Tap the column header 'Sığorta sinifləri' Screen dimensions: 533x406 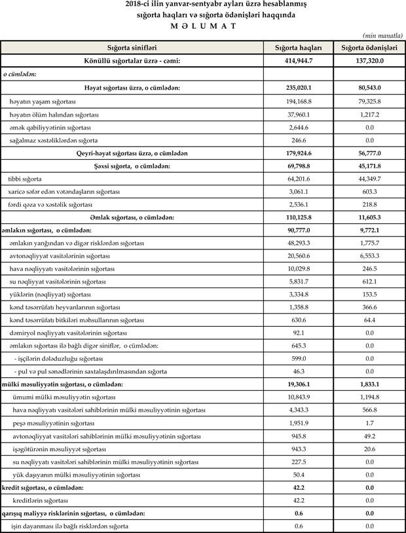(132, 48)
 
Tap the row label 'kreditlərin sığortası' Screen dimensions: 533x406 (41, 500)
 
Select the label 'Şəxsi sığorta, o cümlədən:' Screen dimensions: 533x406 (132, 166)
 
